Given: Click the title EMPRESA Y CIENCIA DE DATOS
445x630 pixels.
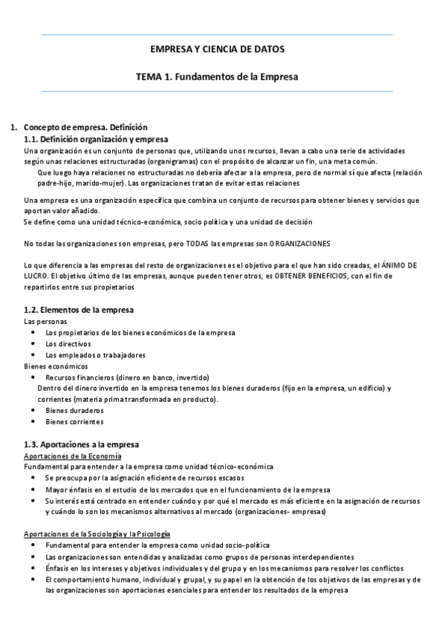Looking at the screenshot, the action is [217, 49].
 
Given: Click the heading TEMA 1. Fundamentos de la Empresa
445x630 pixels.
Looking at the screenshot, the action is [217, 76].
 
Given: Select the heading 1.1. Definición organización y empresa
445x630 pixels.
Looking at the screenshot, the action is [95, 139].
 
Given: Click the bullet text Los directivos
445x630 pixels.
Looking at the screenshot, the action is [68, 344].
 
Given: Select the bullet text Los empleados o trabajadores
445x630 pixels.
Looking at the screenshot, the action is [95, 355].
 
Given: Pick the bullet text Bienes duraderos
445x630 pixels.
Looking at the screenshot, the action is [74, 410].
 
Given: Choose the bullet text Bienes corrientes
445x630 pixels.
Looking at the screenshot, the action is [75, 421].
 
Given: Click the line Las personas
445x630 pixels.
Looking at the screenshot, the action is [45, 322].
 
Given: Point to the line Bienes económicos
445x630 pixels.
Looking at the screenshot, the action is [56, 366].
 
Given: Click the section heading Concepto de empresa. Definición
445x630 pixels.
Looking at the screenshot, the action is [85, 128].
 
